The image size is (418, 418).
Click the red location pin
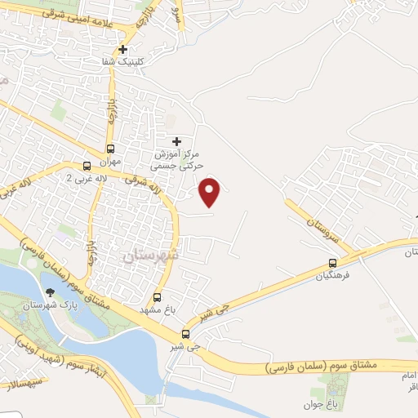point(211,192)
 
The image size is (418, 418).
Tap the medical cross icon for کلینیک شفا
point(122,50)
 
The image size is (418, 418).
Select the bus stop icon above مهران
point(111,149)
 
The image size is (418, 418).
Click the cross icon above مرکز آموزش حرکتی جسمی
point(176,141)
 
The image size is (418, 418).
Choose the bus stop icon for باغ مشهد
point(158,298)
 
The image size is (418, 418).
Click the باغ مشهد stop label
point(158,310)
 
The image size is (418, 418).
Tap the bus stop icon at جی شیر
point(185,333)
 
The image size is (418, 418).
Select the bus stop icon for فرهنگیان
point(332,263)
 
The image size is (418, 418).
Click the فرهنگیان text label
point(332,275)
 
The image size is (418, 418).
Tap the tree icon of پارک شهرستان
point(51,292)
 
